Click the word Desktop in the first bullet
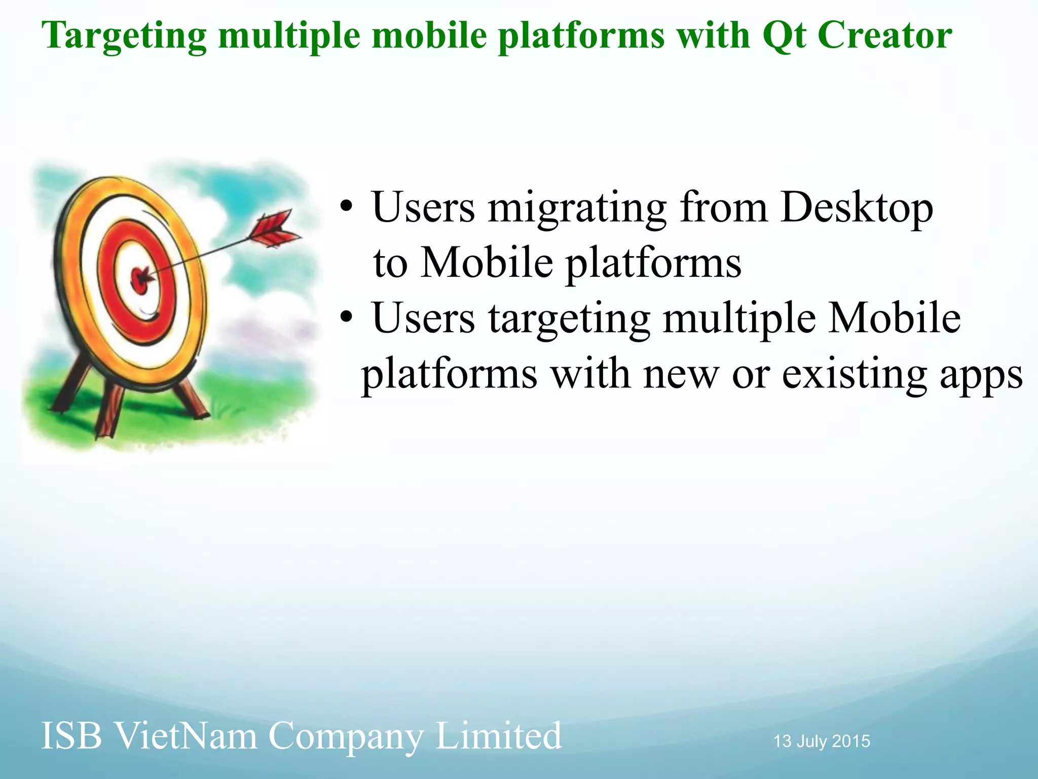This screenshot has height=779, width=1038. click(857, 207)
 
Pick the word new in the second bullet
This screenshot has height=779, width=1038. click(681, 375)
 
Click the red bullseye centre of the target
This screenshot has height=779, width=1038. click(140, 278)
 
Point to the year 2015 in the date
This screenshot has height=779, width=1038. click(851, 741)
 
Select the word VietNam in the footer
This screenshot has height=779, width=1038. click(184, 736)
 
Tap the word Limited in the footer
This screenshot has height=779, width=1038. click(498, 736)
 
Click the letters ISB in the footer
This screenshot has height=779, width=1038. click(71, 736)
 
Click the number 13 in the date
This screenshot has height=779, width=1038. click(783, 741)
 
